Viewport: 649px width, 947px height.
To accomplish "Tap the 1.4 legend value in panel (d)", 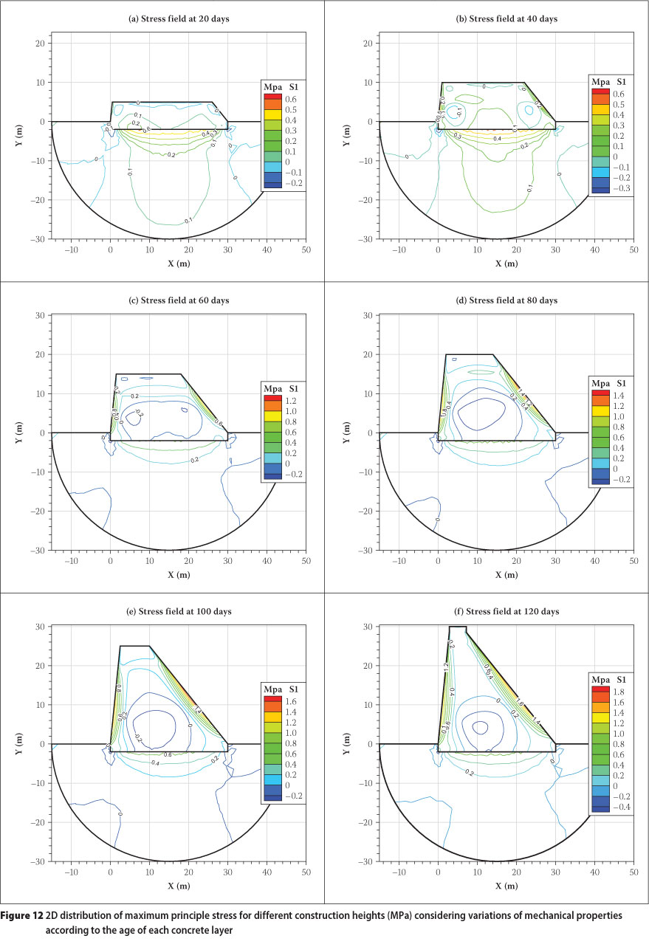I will tap(617, 395).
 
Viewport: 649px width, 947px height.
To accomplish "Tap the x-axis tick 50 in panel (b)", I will tap(633, 249).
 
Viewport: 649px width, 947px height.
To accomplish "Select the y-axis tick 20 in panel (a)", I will tap(41, 43).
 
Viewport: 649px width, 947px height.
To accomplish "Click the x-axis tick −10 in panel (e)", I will tap(72, 872).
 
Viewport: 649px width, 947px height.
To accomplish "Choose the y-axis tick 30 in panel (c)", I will tap(41, 315).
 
